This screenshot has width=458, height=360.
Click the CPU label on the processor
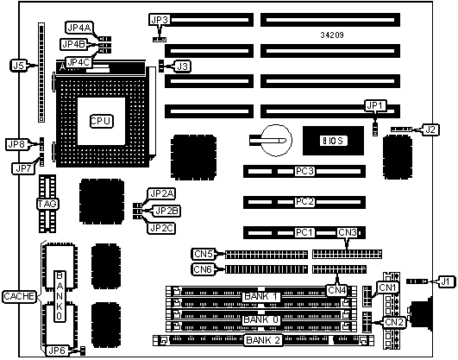[x=101, y=121]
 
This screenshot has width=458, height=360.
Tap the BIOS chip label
[x=334, y=141]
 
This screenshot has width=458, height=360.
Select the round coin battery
[x=276, y=141]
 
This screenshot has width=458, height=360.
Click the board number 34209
[x=332, y=35]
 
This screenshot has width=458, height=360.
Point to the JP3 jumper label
[x=160, y=20]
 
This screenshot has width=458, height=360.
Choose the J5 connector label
[x=19, y=66]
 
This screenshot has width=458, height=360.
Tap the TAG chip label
[x=47, y=204]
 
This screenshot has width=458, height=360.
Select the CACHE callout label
[x=19, y=296]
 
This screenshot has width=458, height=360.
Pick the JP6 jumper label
[x=57, y=350]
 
